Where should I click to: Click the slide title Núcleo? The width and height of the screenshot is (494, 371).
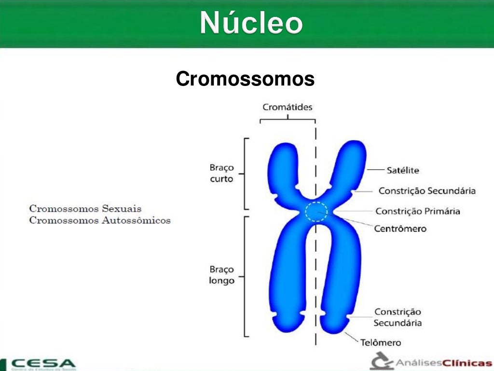point(251,23)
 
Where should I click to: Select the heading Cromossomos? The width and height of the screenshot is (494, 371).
point(245,79)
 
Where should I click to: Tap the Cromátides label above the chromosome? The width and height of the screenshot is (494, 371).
point(288,107)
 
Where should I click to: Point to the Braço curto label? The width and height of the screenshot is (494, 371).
point(221,173)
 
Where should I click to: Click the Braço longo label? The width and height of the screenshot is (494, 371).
point(221,275)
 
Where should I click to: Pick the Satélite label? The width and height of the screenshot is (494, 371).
point(402,170)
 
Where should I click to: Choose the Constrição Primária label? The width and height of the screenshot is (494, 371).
point(418,211)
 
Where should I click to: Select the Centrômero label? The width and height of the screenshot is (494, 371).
point(400,228)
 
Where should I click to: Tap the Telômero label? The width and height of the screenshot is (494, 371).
point(381,342)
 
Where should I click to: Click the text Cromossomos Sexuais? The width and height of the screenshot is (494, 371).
point(85,209)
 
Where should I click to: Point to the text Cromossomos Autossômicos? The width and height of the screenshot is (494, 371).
point(100,220)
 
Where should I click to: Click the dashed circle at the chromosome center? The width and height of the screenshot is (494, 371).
point(316,212)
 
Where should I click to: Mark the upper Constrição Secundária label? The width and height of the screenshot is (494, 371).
point(427,191)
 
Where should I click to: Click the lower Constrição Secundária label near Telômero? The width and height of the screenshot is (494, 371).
point(398,317)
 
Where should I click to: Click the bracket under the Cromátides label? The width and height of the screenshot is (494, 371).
point(288,119)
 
